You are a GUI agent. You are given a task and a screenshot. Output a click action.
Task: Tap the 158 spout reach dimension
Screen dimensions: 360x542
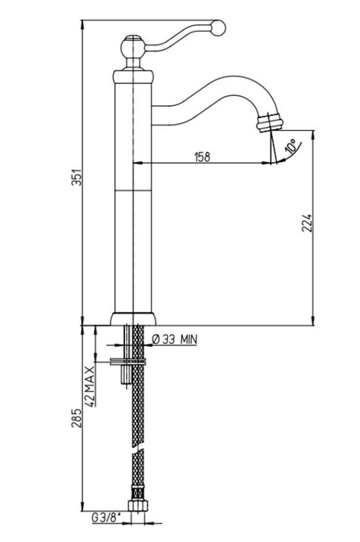click(203, 157)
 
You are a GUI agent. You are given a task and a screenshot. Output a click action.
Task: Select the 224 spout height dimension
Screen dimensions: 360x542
click(306, 223)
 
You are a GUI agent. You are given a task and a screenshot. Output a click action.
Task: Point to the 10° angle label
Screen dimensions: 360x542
click(291, 146)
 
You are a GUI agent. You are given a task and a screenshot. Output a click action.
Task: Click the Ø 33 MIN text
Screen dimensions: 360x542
click(174, 340)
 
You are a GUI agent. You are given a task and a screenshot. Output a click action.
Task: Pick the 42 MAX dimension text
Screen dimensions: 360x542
click(90, 386)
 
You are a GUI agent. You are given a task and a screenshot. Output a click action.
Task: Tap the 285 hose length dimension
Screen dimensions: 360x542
click(76, 418)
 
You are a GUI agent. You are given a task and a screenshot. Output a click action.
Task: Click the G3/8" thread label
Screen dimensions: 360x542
click(106, 518)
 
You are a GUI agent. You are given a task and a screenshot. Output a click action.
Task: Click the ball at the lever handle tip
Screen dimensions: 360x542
click(218, 27)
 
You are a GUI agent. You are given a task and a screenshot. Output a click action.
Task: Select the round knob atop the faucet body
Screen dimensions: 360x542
click(133, 48)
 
